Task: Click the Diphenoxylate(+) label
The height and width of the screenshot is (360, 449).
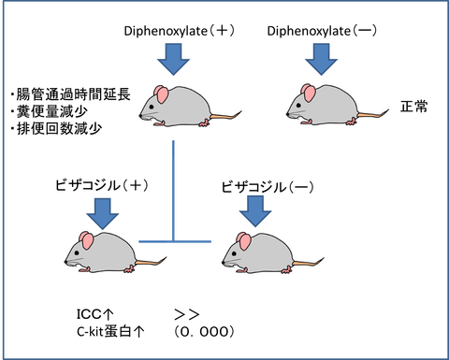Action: [x=180, y=31]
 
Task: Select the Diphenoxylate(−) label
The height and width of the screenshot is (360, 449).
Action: [x=322, y=31]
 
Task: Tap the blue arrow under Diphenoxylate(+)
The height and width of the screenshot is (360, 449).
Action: [x=173, y=59]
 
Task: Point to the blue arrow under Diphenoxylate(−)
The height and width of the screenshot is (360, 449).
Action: [x=321, y=59]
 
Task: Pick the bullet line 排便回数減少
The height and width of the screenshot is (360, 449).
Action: [x=56, y=128]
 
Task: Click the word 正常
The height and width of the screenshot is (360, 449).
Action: [x=414, y=107]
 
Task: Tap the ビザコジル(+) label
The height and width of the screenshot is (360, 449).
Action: [x=102, y=185]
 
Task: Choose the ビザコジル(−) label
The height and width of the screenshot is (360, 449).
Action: [x=268, y=187]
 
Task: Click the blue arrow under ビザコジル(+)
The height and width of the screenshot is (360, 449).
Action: [x=103, y=214]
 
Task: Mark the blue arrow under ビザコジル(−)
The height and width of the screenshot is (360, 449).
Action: [x=255, y=211]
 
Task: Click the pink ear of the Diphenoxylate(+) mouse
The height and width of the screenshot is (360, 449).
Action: [x=161, y=94]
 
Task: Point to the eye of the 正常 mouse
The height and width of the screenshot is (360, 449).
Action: [x=298, y=107]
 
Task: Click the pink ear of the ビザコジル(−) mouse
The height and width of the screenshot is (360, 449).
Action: [x=244, y=241]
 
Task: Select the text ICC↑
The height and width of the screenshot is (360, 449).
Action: [x=95, y=314]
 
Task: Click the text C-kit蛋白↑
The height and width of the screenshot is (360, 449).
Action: [x=110, y=332]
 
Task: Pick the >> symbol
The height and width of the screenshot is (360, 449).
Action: [x=186, y=314]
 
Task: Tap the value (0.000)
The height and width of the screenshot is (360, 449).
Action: [x=204, y=332]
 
